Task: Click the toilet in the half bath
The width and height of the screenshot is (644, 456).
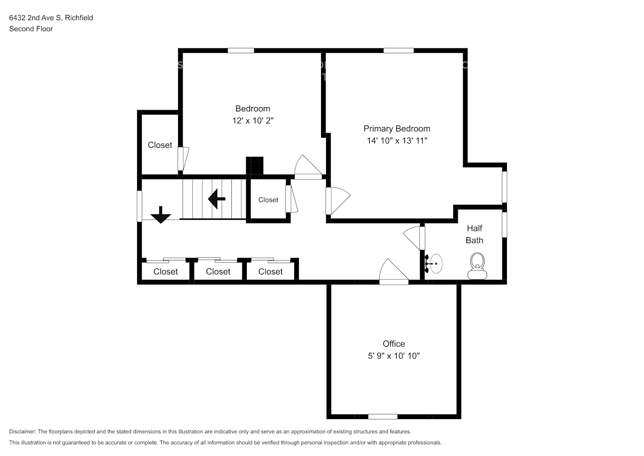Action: pos(477,266)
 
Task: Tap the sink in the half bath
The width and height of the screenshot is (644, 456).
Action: pos(434,264)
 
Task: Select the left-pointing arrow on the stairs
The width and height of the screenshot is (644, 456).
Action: pos(216,199)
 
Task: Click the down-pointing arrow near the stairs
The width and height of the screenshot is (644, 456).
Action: pos(161,215)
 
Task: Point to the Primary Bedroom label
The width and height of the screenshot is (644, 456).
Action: pos(397,129)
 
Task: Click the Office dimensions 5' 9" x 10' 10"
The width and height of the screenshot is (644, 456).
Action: pos(394,356)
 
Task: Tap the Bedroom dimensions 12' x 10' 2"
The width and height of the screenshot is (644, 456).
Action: pos(253,121)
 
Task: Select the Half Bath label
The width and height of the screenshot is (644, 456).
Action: pos(475,234)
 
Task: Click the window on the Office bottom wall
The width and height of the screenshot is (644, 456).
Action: pos(383,417)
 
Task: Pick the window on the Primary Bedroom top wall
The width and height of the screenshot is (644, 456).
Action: pos(399,51)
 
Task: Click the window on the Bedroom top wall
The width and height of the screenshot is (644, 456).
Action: pos(241,51)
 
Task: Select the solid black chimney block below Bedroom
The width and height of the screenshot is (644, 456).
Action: pos(255,166)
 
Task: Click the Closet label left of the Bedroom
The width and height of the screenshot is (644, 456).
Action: pos(160,145)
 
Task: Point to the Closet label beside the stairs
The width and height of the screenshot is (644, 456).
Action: pos(268,200)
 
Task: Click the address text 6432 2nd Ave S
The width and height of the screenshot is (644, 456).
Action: pos(35,18)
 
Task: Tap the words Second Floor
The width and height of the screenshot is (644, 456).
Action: pos(31,29)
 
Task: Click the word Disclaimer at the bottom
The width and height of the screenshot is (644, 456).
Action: pos(23,431)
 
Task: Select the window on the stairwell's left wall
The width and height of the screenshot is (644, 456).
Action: pos(139,206)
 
